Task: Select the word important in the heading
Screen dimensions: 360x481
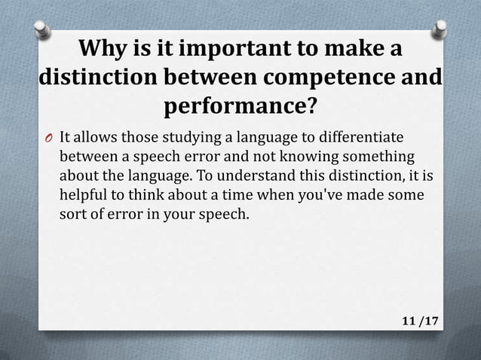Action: tap(229, 50)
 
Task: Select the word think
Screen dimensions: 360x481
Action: tap(140, 195)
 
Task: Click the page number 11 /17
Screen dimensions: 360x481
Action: tap(419, 322)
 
